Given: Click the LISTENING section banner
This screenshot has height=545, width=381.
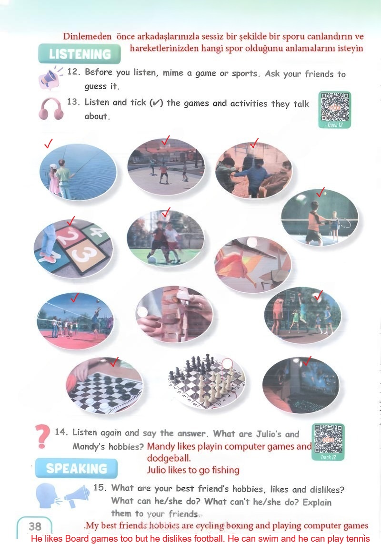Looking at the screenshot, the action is (x=80, y=54).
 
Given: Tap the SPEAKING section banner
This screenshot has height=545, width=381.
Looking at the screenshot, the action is (x=76, y=468).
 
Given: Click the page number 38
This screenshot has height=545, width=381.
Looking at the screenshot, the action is (x=35, y=526).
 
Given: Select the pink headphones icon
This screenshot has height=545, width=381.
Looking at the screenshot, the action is (x=51, y=109).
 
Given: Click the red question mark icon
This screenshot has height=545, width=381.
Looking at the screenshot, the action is (x=43, y=437).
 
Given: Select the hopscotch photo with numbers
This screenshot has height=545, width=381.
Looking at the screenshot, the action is (x=73, y=248).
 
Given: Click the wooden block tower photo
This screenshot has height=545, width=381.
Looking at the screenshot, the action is (x=174, y=315).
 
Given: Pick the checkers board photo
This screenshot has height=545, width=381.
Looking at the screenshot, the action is (x=105, y=385).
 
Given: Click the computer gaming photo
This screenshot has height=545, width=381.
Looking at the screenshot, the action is (x=301, y=385).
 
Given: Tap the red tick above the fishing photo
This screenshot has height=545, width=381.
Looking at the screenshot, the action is (x=48, y=144).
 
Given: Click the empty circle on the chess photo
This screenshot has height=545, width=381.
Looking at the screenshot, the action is (x=227, y=364).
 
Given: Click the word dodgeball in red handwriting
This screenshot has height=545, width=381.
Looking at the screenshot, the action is (x=169, y=458).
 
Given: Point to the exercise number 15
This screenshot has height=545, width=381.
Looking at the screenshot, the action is (x=100, y=487).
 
